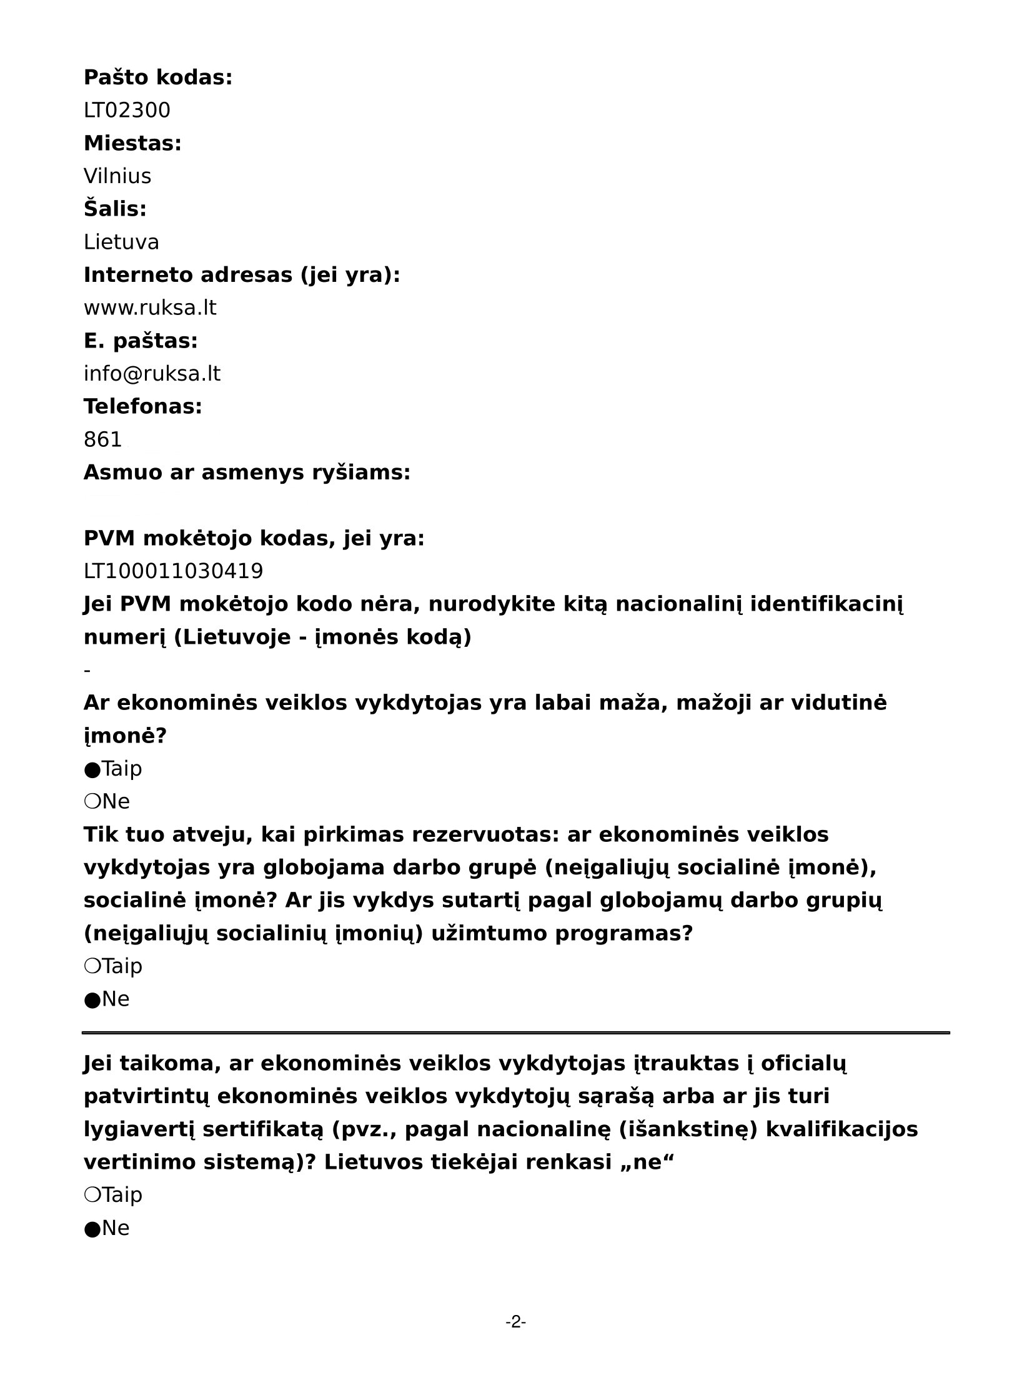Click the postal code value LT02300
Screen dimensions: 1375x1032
point(127,111)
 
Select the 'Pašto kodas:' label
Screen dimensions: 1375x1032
point(158,77)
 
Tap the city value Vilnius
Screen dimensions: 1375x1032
point(117,176)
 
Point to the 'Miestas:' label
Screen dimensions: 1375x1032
point(132,143)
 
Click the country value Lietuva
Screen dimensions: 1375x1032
point(121,242)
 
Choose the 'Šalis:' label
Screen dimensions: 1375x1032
point(115,209)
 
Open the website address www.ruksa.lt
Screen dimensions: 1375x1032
point(150,308)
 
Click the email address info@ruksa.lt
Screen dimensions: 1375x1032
point(152,374)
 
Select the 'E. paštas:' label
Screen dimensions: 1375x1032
point(141,341)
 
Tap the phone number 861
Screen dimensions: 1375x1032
point(103,440)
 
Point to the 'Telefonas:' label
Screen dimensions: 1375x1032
point(143,407)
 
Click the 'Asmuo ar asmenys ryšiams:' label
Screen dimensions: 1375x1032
point(247,472)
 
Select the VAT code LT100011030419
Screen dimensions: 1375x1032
point(174,571)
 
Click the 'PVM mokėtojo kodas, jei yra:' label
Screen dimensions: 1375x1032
point(254,538)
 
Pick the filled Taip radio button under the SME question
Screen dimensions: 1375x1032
point(92,769)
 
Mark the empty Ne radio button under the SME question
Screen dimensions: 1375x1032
point(92,802)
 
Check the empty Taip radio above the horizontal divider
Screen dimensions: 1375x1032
point(92,966)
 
